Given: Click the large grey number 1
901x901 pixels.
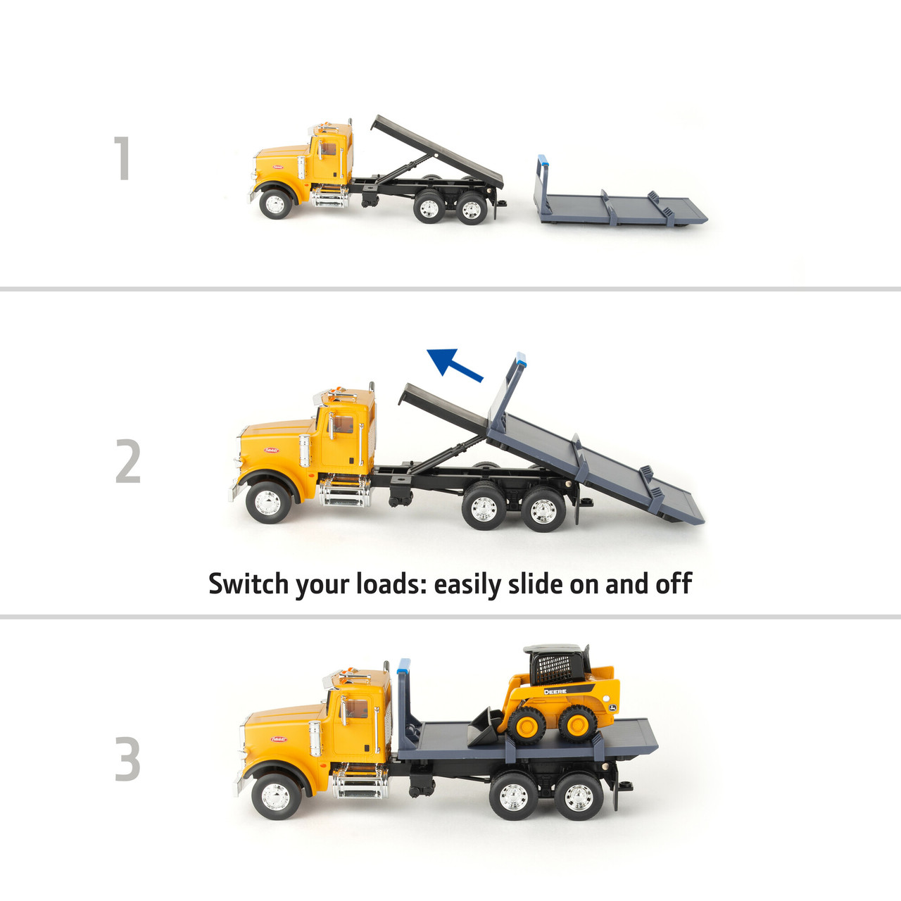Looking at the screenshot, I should [123, 158].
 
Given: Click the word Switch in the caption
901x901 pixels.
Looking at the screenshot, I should [248, 584].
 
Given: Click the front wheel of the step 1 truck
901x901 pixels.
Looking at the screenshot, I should [275, 204].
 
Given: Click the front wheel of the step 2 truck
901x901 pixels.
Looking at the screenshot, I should [268, 503].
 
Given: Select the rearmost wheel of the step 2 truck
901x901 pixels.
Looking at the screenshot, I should [543, 510].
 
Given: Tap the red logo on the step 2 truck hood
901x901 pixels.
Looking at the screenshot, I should [272, 450].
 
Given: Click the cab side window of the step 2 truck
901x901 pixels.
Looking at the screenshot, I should [343, 425].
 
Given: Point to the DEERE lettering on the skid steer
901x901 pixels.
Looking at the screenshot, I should [555, 692].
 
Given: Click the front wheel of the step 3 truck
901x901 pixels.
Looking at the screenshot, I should [274, 797].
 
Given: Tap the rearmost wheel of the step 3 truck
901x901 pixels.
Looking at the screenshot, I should [579, 798].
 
